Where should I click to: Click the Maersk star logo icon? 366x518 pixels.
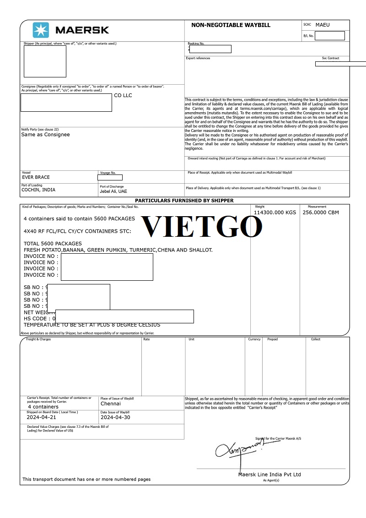point(40,30)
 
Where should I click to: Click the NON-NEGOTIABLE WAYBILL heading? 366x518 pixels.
point(231,25)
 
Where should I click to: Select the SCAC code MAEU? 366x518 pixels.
point(323,25)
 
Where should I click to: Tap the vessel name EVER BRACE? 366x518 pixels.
point(36,177)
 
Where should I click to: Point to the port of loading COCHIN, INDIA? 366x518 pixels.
point(38,190)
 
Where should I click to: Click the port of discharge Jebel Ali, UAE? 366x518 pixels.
point(113,191)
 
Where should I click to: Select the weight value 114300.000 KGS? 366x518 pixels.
point(275,213)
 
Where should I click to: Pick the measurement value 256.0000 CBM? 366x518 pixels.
point(321,213)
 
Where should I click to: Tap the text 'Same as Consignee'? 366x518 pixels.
point(45,135)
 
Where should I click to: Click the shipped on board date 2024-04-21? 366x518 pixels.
point(41,417)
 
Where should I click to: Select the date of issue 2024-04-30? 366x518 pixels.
point(115,417)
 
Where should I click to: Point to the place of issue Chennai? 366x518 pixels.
point(111,404)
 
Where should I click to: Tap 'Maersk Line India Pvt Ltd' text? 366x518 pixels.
point(269,474)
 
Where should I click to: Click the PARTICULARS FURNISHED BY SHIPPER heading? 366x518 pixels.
point(184,201)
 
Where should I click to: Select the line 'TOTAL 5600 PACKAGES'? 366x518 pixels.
point(53,244)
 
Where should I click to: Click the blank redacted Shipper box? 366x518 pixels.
point(45,61)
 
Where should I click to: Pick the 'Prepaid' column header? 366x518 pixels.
point(272,339)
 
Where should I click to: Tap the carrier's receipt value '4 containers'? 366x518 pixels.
point(43,407)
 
